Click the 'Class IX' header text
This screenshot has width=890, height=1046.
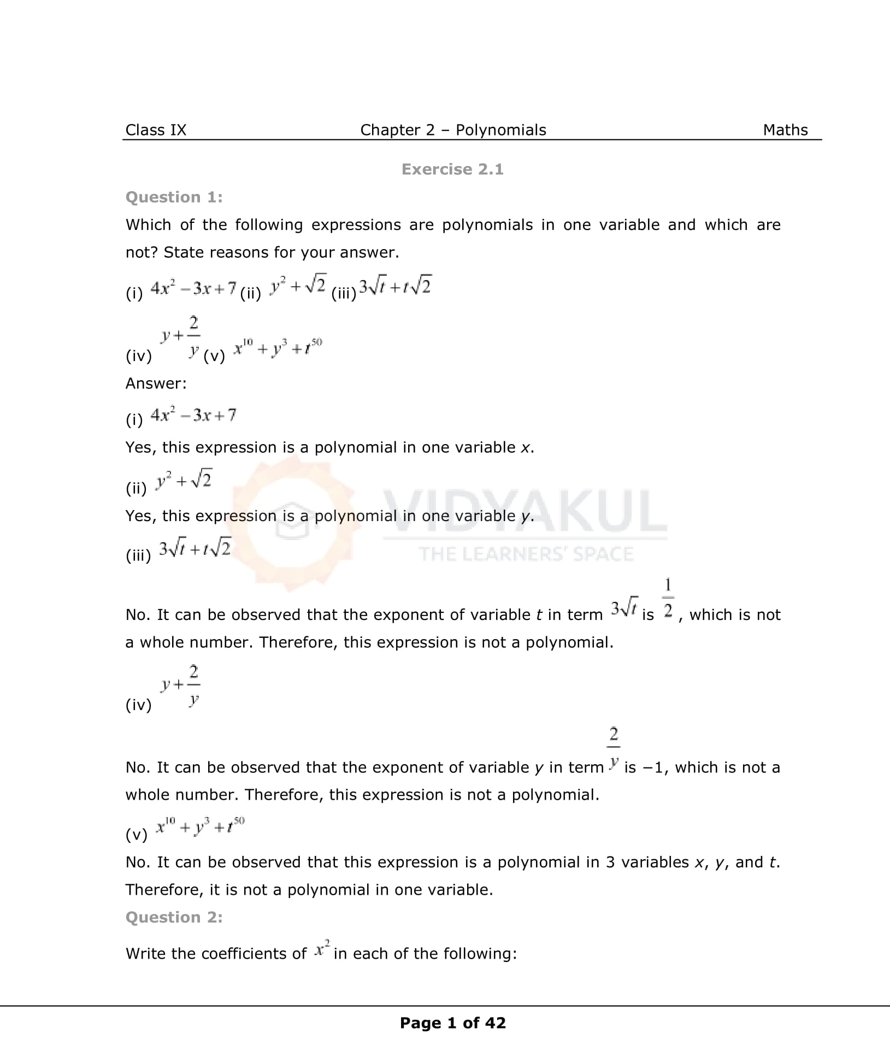pyautogui.click(x=156, y=130)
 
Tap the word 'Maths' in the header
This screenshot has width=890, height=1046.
pyautogui.click(x=785, y=130)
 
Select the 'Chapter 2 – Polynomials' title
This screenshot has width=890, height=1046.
pyautogui.click(x=453, y=130)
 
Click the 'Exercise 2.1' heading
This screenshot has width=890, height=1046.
pyautogui.click(x=452, y=169)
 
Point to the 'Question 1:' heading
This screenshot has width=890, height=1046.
pyautogui.click(x=174, y=197)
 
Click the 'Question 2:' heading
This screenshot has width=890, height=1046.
pyautogui.click(x=174, y=917)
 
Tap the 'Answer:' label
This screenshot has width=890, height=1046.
pyautogui.click(x=156, y=383)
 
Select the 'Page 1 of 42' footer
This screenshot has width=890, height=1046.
pyautogui.click(x=452, y=1023)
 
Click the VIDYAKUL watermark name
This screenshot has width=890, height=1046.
pyautogui.click(x=524, y=511)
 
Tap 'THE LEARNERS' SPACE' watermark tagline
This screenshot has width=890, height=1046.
pyautogui.click(x=526, y=554)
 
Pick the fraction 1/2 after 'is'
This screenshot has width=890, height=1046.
pyautogui.click(x=668, y=599)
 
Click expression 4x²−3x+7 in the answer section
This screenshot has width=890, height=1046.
pyautogui.click(x=193, y=416)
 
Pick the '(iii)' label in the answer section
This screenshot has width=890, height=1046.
pyautogui.click(x=138, y=556)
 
